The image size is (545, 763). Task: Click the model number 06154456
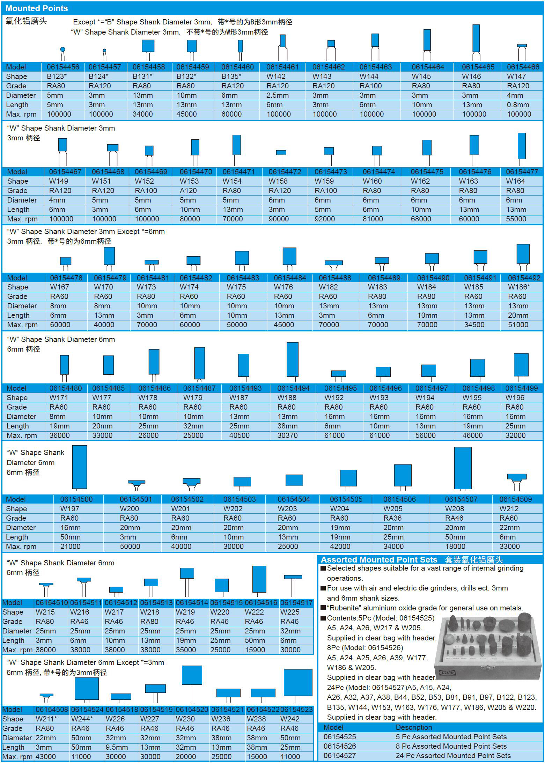pos(63,67)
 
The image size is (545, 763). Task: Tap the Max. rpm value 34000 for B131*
pos(143,114)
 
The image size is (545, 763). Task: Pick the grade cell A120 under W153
pos(188,191)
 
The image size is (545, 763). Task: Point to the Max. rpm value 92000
pos(324,219)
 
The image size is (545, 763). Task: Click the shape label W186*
pos(519,287)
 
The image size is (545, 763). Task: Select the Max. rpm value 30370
pos(287,435)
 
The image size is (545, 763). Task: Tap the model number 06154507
pos(461,499)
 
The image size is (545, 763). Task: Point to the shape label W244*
pos(82,719)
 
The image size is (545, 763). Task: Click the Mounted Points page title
pos(37,8)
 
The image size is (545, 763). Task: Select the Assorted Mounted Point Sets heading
pos(379,560)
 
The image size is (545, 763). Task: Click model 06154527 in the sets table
pos(340,755)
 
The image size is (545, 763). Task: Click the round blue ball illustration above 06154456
pos(63,49)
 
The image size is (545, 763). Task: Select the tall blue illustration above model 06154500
pos(79,467)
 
